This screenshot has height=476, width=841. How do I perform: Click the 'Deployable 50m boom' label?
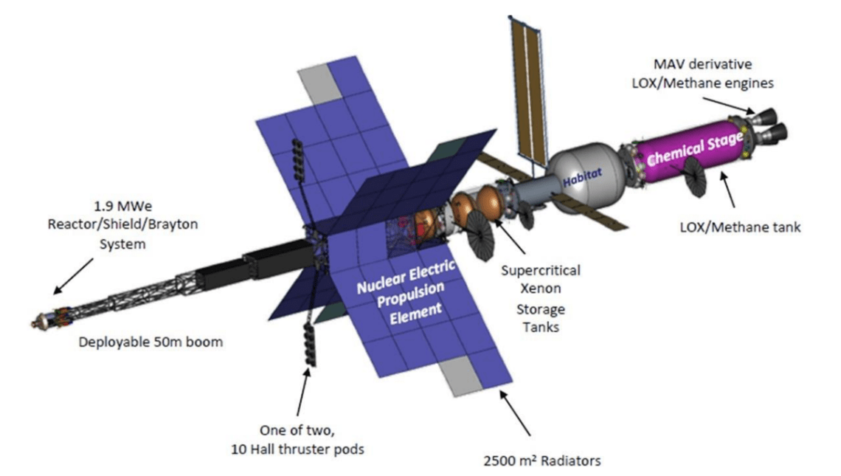(152, 342)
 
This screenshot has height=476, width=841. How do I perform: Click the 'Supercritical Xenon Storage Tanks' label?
(541, 298)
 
